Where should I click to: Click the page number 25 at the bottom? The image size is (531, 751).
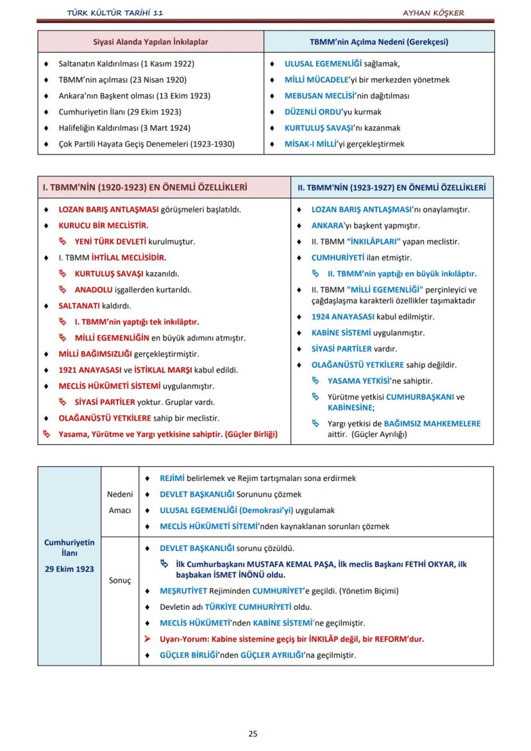253,734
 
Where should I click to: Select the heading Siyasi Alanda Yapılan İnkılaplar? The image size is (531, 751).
151,42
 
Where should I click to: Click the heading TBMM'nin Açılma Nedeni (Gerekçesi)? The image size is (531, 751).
378,42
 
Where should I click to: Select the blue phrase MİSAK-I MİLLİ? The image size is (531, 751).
312,144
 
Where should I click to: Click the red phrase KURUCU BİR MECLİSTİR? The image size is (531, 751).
103,226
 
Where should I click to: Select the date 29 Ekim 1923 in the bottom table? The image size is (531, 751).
69,569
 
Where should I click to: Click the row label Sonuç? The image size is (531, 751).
119,580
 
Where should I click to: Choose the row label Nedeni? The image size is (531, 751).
120,494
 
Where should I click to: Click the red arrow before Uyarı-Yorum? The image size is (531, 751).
147,639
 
